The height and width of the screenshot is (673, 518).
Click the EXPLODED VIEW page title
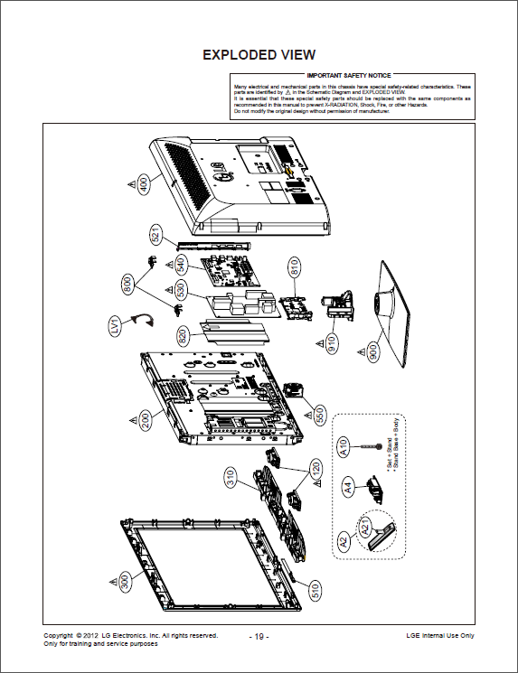(259, 54)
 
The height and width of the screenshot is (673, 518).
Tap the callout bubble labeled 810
(294, 268)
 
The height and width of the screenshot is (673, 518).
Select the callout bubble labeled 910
(333, 343)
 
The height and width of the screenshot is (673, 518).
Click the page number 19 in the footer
(259, 637)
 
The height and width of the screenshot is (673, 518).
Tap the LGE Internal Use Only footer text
(439, 636)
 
